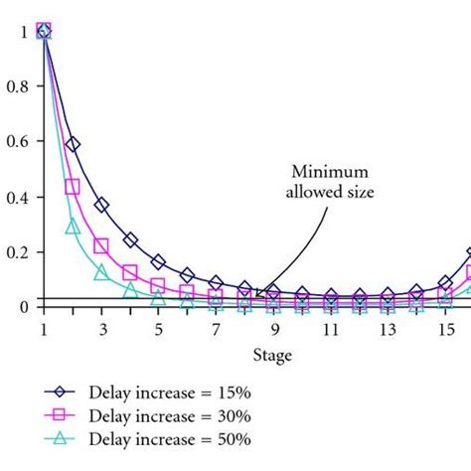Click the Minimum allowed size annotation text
pos(332,183)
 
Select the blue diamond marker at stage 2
pos(73,144)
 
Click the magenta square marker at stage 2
pos(73,187)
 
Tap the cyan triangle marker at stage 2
pos(73,227)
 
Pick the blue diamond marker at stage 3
pos(101,205)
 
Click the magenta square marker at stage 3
pos(101,245)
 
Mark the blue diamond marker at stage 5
pos(158,262)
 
